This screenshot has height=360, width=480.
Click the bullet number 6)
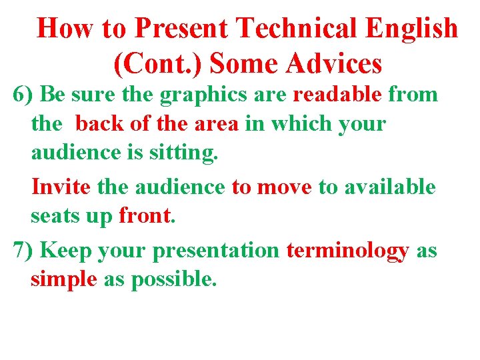[x=24, y=95]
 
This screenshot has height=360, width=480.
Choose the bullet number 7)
[x=24, y=251]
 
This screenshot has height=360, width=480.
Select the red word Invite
[x=61, y=187]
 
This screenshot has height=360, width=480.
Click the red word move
[x=285, y=187]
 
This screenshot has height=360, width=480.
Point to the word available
[x=389, y=187]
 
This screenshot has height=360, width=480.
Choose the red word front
[x=145, y=216]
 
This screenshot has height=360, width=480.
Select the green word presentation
[x=216, y=251]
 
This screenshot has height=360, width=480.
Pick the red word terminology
[x=347, y=251]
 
